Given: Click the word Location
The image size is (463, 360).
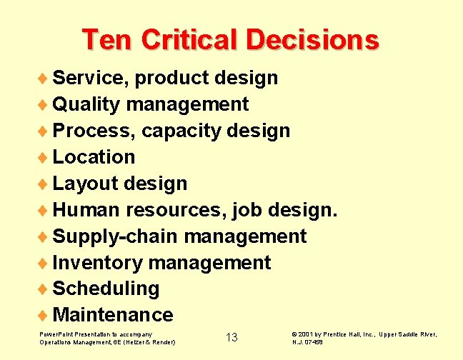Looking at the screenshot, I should [94, 156].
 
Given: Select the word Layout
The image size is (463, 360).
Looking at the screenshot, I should [85, 184].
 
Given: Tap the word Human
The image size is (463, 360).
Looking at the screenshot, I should [86, 210].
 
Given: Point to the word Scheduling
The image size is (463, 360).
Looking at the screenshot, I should [106, 289].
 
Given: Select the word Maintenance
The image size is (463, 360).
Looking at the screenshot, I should [113, 315].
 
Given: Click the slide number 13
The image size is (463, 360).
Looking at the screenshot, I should [231, 337].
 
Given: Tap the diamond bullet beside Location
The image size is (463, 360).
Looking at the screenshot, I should [44, 156].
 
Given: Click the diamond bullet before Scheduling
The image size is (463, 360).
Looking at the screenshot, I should [44, 289].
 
